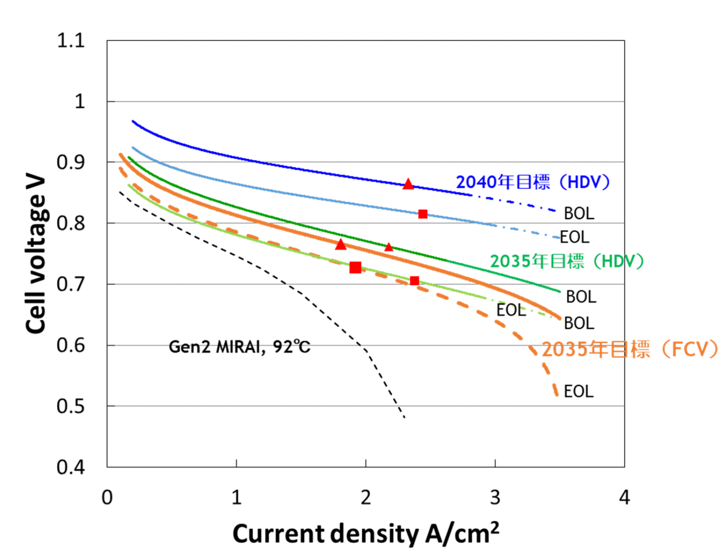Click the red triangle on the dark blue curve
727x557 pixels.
click(x=408, y=184)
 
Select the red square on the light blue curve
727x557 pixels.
click(x=423, y=214)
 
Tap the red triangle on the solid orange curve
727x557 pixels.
click(x=341, y=245)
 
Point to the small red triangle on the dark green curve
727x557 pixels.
click(x=388, y=247)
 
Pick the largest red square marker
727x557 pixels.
click(x=355, y=267)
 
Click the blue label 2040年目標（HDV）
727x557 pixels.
click(x=533, y=182)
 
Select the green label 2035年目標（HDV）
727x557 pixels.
click(x=567, y=261)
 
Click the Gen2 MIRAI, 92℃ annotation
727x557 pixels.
click(x=239, y=347)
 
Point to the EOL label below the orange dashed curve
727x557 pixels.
click(x=579, y=392)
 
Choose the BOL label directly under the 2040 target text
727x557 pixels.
click(x=579, y=213)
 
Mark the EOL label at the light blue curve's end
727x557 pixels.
click(x=575, y=237)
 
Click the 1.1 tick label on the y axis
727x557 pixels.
click(x=71, y=40)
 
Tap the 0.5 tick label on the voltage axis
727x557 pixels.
click(x=71, y=406)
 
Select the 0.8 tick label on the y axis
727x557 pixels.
click(x=71, y=223)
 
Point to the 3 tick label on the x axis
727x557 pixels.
click(x=495, y=498)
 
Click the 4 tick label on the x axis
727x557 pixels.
click(x=625, y=498)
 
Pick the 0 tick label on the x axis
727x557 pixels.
click(x=107, y=498)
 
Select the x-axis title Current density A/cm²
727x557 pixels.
click(x=366, y=534)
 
